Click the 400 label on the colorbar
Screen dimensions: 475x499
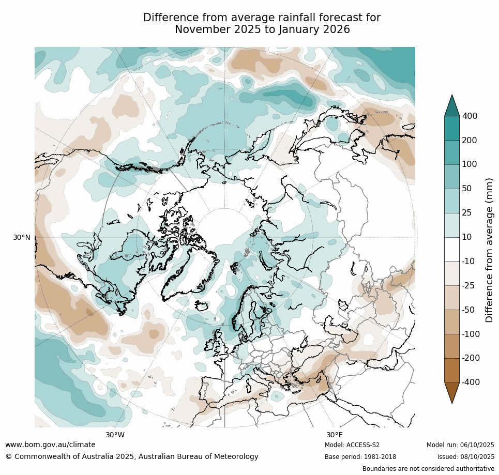470,116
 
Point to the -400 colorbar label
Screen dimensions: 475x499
471,382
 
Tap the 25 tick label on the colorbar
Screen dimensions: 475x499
467,213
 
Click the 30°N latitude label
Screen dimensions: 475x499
21,237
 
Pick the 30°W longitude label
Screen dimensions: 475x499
115,435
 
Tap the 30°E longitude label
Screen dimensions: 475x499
334,435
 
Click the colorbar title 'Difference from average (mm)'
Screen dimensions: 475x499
489,250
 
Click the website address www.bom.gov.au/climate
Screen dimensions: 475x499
50,445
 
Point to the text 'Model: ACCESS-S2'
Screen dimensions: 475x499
352,445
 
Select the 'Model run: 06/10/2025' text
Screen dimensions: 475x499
460,445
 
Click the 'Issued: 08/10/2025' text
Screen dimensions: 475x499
465,457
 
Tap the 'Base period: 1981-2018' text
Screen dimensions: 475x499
360,457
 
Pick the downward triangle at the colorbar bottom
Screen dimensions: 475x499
452,393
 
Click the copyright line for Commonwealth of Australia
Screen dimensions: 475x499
132,457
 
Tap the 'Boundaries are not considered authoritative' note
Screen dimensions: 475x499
428,469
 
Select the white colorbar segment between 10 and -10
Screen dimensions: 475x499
452,249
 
